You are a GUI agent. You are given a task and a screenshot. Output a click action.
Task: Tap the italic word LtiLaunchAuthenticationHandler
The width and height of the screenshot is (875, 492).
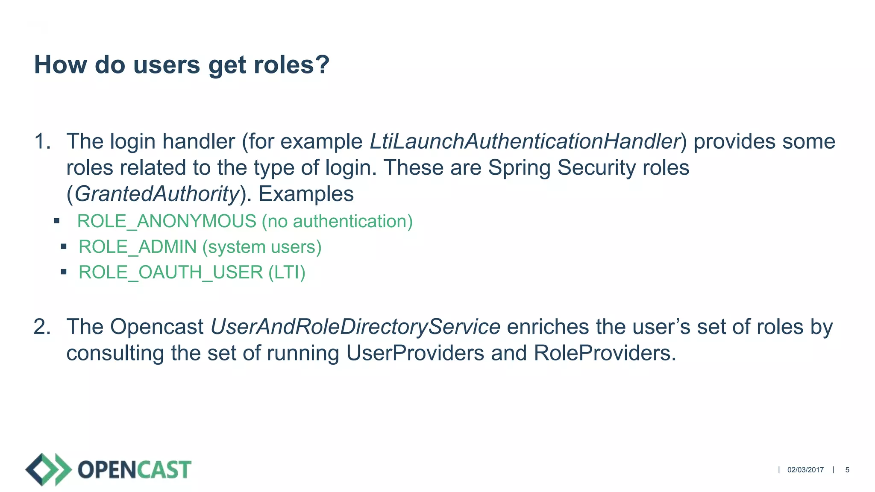point(525,141)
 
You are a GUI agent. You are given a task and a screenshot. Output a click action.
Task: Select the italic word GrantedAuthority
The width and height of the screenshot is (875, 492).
point(157,194)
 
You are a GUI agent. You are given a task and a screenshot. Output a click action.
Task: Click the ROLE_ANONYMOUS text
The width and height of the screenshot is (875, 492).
point(167,221)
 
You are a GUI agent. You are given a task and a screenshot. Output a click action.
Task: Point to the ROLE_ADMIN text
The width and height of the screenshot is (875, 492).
point(138,247)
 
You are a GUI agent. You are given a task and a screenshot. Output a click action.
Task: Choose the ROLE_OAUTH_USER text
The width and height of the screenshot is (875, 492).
point(171,272)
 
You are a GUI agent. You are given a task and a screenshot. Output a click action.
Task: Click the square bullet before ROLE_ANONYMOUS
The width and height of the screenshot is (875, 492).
point(56,221)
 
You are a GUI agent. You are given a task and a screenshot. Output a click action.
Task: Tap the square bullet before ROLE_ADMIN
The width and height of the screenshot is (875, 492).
point(64,246)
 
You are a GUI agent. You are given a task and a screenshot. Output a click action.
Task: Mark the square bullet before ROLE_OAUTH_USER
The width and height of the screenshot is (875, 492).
point(64,272)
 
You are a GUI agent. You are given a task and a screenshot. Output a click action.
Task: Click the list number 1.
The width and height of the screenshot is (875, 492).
point(41,141)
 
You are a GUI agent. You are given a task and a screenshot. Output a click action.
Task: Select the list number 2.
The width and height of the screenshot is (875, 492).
point(41,327)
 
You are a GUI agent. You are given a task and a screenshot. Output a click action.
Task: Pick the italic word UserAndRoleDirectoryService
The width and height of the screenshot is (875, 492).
point(355,327)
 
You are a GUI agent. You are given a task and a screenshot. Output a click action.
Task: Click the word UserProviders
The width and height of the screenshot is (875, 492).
point(415,353)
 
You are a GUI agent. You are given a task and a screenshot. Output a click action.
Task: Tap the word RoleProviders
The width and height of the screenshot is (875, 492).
point(605,353)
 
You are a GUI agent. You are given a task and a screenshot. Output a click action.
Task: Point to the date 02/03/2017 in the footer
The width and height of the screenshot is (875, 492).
point(805,470)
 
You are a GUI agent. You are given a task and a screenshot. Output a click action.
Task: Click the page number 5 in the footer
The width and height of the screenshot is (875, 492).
point(847,470)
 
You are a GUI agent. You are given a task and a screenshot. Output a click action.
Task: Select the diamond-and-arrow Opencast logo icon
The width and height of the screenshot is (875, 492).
point(48,469)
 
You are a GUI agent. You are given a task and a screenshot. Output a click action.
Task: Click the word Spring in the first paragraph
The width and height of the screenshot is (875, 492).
point(519,167)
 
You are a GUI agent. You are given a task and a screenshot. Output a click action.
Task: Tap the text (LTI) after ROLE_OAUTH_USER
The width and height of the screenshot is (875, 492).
point(287,272)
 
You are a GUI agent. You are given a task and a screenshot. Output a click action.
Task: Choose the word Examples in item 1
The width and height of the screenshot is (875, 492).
point(306,194)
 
